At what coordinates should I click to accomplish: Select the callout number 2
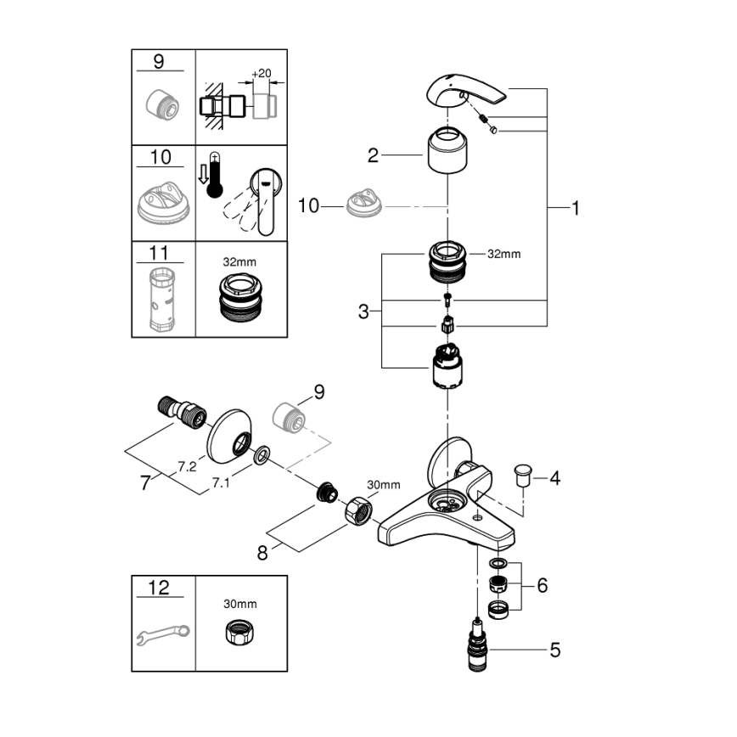(373, 155)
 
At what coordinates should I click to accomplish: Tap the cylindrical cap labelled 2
(447, 150)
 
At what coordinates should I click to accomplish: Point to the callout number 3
(363, 312)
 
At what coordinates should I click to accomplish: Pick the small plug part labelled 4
(523, 474)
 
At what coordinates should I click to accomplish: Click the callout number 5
(554, 651)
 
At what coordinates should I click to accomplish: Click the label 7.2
(188, 466)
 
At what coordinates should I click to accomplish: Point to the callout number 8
(262, 554)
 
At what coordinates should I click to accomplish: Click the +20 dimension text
(262, 75)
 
